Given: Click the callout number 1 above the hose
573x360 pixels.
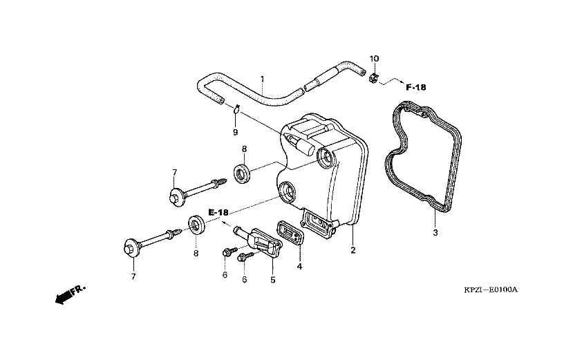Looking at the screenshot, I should [x=263, y=79].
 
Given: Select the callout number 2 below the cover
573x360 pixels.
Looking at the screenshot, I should [x=353, y=250].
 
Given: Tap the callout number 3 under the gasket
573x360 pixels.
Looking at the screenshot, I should [x=435, y=233].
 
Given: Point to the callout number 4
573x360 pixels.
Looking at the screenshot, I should [x=300, y=266].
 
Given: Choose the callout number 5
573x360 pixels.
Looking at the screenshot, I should [x=272, y=280].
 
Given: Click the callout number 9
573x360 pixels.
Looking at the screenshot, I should [x=235, y=131].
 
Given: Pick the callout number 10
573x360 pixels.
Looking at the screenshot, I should [x=374, y=59].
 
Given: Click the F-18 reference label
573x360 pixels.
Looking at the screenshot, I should [x=416, y=88].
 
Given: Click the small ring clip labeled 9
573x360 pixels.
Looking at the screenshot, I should [x=236, y=108].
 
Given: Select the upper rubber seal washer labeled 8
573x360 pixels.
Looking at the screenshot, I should [x=243, y=173].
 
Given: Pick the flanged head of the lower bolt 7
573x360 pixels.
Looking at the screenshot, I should [x=131, y=247].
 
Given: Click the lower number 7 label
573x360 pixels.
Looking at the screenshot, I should [x=133, y=276].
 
